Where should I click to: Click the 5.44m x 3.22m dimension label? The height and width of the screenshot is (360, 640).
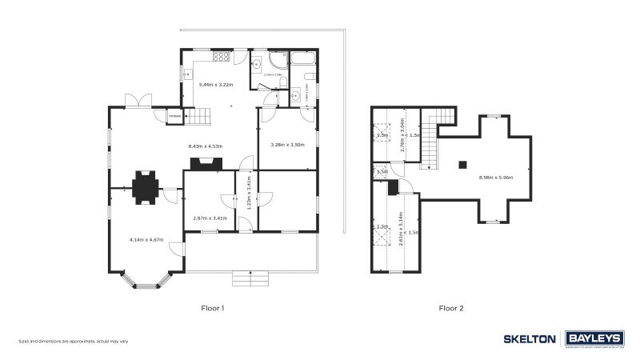[215, 84]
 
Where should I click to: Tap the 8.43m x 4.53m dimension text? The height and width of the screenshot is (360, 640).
[205, 146]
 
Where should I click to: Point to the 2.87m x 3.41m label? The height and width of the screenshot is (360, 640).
[210, 218]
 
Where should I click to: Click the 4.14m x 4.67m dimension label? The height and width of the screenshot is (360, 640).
[146, 239]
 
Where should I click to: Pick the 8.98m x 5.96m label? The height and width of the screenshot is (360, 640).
[496, 177]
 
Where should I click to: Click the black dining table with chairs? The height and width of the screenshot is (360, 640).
[146, 187]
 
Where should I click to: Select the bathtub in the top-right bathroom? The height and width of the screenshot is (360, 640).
[304, 58]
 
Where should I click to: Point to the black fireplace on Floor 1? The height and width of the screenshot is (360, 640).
[206, 164]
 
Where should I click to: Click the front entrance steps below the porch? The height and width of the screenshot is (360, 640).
[250, 278]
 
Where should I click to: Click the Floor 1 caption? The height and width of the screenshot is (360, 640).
[213, 308]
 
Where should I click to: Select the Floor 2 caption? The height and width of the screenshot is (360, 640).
[451, 308]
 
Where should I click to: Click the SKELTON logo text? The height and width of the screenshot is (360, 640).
[530, 339]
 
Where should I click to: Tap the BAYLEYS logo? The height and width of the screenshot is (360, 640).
[594, 338]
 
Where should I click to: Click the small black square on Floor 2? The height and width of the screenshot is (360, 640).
[462, 165]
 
